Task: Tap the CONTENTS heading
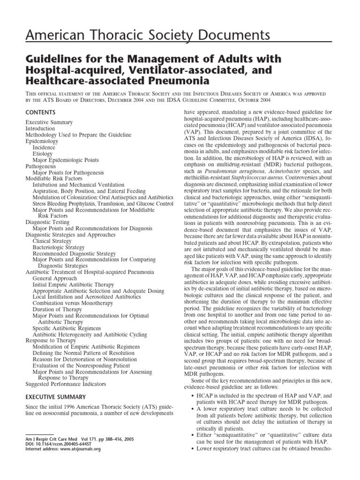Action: click(x=40, y=112)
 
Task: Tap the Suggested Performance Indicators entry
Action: click(x=66, y=384)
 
